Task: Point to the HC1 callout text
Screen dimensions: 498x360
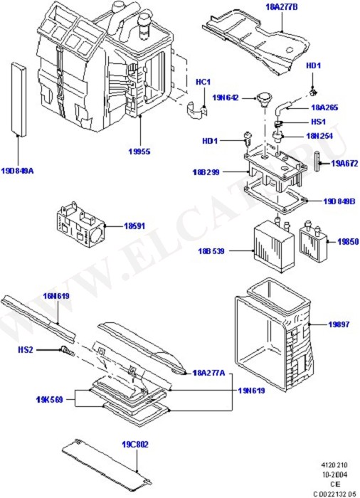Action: [203, 83]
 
